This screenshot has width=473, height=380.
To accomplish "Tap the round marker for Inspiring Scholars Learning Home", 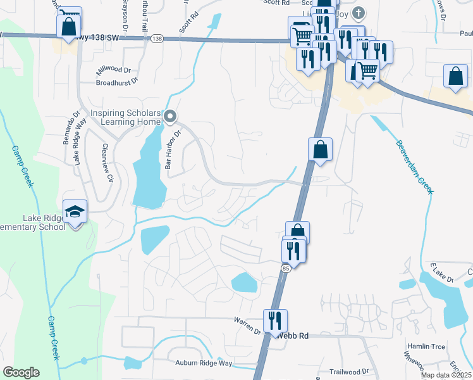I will tap(169, 116).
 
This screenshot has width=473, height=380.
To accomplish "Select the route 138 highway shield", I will tap(157, 39).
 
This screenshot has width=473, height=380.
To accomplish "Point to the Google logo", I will tap(21, 372).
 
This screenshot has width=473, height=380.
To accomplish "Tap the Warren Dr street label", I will tap(248, 324).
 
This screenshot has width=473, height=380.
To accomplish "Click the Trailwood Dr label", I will tap(348, 372).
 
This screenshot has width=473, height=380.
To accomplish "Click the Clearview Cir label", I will tap(109, 163).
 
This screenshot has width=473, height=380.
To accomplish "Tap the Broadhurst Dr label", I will tap(117, 82).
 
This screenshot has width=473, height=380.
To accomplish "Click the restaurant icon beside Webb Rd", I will tap(275, 320).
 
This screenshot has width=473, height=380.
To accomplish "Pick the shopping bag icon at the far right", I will tap(455, 75).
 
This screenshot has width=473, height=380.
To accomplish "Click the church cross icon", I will tap(359, 13).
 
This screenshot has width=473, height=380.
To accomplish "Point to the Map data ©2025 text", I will tap(446, 375).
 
